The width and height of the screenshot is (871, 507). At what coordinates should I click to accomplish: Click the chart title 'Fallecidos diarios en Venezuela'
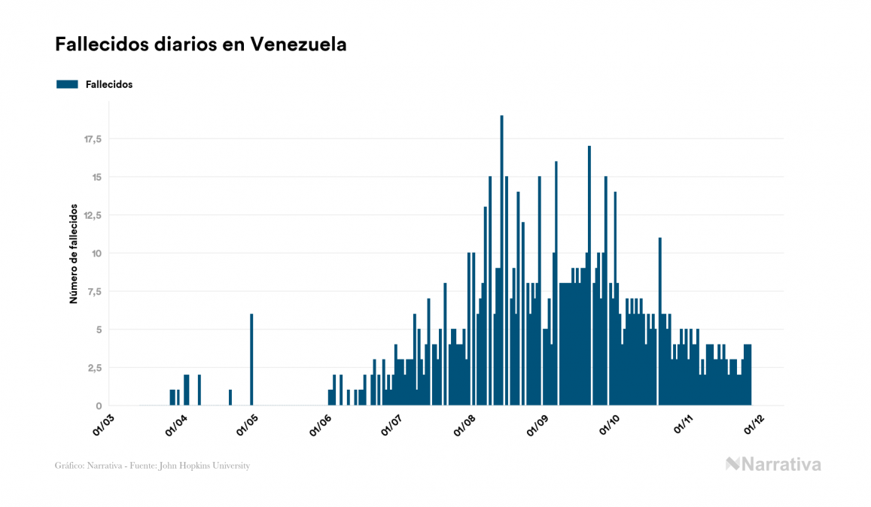tap(201, 44)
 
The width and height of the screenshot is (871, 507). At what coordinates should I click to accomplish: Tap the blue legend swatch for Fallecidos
tap(67, 84)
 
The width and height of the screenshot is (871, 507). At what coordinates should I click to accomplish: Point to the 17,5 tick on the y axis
tap(93, 139)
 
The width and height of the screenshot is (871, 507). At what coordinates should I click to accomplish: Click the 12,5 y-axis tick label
tap(93, 215)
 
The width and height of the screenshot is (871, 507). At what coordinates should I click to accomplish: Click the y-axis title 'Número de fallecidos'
tap(74, 254)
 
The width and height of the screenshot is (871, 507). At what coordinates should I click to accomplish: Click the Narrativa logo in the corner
tap(773, 464)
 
